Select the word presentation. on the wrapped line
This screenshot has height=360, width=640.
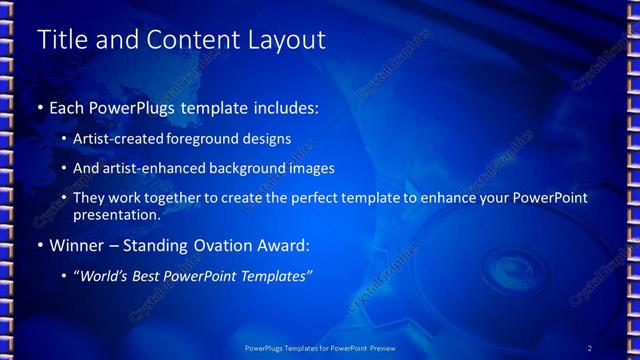tap(116, 214)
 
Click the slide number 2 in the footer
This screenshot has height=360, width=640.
tap(590, 347)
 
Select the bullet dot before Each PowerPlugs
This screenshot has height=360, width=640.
tap(40, 107)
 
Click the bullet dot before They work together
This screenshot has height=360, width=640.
tap(65, 198)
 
